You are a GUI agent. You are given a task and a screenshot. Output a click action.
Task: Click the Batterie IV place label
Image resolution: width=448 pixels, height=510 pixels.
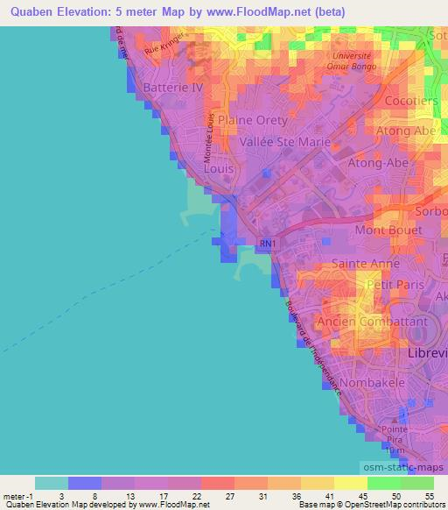[x=166, y=88]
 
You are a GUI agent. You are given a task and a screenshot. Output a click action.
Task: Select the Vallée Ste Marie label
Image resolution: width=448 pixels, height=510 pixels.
[x=284, y=141]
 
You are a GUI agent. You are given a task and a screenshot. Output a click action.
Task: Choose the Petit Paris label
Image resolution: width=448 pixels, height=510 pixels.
[x=395, y=285]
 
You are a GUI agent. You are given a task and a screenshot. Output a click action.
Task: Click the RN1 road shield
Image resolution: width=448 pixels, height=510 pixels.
[x=267, y=243]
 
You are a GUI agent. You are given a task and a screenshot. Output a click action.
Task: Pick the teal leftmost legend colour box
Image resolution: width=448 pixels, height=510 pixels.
[x=52, y=483]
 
